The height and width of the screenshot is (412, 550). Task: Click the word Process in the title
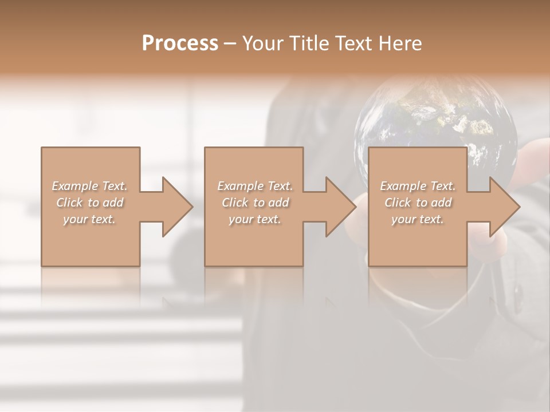[x=180, y=43]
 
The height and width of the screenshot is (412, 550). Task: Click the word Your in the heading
[x=263, y=43]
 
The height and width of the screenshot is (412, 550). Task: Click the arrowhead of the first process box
[x=175, y=207]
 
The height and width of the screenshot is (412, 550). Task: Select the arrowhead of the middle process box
[x=339, y=207]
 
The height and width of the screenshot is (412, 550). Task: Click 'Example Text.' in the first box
[x=90, y=186]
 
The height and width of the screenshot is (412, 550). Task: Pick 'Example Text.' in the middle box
[x=255, y=186]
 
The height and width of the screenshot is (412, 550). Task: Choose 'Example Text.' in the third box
[x=418, y=186]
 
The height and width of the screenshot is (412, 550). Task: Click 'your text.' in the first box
[x=89, y=219]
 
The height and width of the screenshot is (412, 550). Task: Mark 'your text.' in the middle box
[x=254, y=219]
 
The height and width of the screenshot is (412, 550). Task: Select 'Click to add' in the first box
[x=90, y=203]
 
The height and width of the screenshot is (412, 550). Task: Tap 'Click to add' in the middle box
[x=255, y=203]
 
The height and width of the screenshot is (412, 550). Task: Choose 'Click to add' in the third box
[x=418, y=203]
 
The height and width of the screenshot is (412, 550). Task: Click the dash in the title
[x=230, y=43]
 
